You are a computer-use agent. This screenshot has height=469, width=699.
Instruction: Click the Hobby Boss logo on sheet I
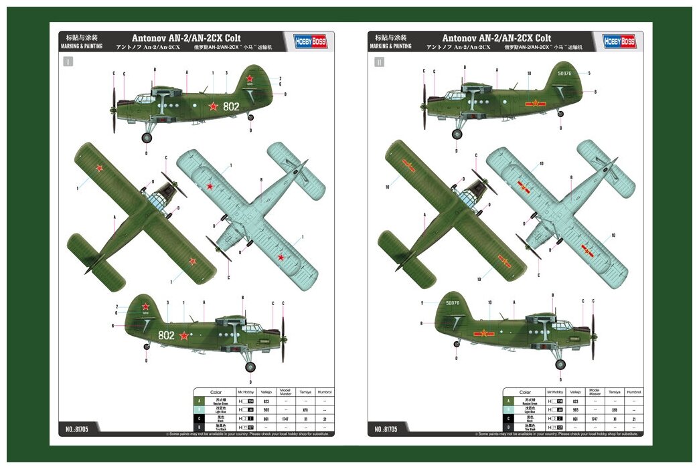[x=311, y=41]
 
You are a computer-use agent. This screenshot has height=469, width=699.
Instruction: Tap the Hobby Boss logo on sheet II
[x=619, y=41]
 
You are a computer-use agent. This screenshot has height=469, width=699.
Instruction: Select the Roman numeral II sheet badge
[x=380, y=62]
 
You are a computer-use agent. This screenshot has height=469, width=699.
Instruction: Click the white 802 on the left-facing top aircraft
[x=231, y=106]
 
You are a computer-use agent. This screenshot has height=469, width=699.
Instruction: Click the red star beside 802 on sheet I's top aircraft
[x=213, y=106]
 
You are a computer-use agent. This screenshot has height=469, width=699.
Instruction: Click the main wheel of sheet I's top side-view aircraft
[x=147, y=138]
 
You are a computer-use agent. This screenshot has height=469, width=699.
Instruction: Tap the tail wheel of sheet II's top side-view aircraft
[x=560, y=114]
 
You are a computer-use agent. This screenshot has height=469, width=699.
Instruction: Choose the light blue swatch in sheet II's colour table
[x=509, y=409]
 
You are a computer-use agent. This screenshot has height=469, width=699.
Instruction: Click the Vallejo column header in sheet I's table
[x=266, y=392]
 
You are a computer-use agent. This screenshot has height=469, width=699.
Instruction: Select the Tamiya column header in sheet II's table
[x=614, y=392]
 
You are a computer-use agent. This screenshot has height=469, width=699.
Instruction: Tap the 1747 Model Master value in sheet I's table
[x=285, y=418]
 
